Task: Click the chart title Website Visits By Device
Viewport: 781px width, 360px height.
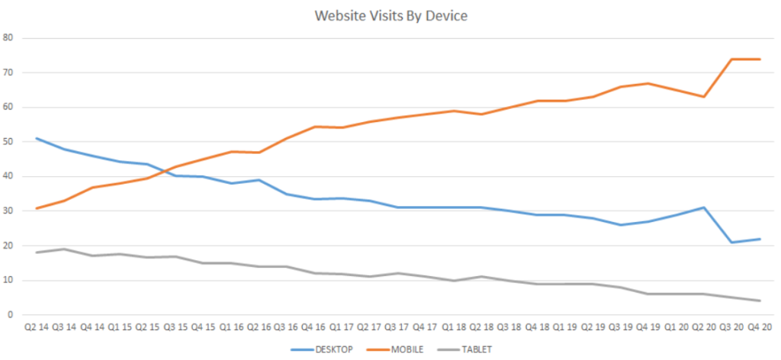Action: (x=390, y=14)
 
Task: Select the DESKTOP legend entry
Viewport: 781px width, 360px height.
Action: (x=327, y=350)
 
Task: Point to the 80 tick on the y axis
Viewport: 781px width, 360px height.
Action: (x=8, y=37)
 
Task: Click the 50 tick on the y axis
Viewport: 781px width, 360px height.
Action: (x=8, y=142)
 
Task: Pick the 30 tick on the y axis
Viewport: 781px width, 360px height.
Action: (x=8, y=211)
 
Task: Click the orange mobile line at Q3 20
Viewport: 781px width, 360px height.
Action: (x=731, y=59)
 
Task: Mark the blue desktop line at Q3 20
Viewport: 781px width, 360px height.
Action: (x=731, y=243)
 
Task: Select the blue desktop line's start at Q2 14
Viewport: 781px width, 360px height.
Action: (x=37, y=138)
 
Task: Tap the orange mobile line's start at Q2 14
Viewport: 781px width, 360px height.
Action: (x=37, y=208)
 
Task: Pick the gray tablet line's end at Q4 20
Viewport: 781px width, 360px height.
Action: (x=760, y=301)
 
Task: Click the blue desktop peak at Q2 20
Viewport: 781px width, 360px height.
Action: (x=704, y=207)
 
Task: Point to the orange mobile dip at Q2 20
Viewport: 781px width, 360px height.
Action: (x=704, y=97)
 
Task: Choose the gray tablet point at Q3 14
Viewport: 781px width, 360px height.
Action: (x=65, y=249)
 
